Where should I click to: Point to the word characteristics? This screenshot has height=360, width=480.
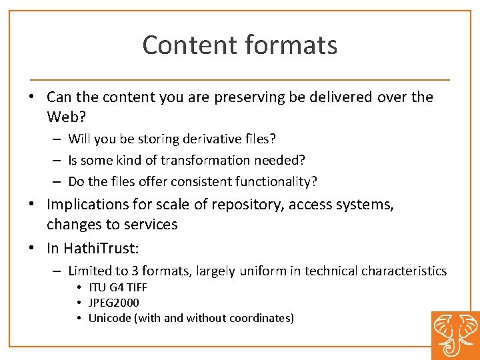point(404,271)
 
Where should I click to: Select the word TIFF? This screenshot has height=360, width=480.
point(136,288)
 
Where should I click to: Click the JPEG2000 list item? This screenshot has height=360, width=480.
point(114,303)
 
